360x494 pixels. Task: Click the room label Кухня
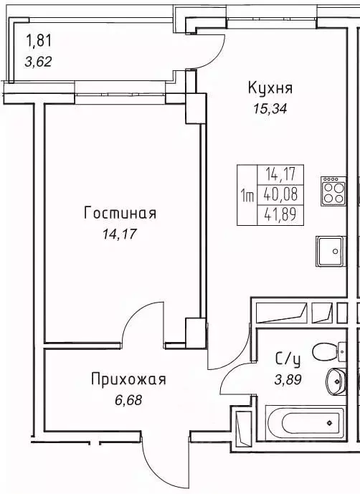point(270,88)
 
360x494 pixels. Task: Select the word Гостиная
point(120,213)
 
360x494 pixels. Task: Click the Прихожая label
point(128,379)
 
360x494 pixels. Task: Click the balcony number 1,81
point(39,39)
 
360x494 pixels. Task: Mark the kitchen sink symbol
point(329,251)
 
